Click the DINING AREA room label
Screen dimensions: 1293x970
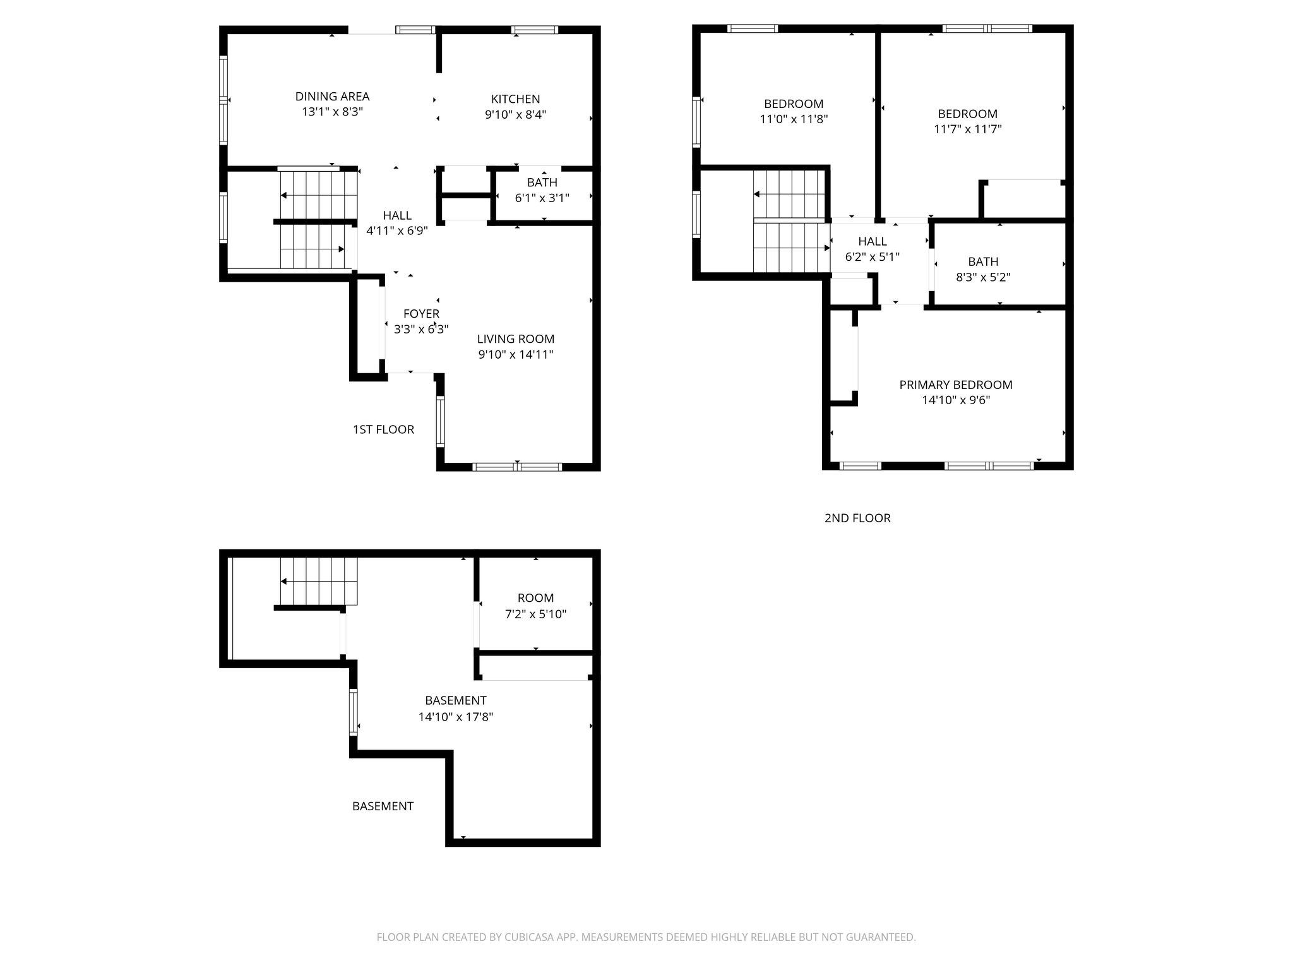[x=332, y=97]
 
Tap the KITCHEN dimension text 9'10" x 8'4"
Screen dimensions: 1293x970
[x=516, y=115]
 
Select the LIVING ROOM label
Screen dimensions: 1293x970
[x=516, y=339]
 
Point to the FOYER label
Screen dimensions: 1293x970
[x=421, y=314]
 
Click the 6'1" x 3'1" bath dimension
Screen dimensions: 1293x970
[x=542, y=198]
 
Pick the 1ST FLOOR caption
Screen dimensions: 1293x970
[x=383, y=429]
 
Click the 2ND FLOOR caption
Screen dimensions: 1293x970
[x=857, y=518]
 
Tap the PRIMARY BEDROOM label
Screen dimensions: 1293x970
[x=956, y=385]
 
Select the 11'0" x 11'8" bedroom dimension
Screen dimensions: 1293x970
[x=794, y=119]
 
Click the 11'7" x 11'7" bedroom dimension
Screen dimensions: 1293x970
[x=968, y=129]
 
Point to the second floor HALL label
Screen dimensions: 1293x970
[x=873, y=241]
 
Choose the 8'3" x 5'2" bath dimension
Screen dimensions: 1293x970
[x=983, y=277]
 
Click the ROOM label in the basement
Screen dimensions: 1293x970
[x=535, y=598]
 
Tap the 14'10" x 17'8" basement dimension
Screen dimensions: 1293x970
[x=455, y=717]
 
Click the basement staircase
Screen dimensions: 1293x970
[x=319, y=581]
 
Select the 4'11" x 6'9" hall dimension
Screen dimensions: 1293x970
[x=397, y=231]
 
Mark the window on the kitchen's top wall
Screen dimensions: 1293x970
[x=534, y=29]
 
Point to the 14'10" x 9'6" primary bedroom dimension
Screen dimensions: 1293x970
[x=956, y=400]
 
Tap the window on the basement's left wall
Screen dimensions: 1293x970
[x=354, y=712]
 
